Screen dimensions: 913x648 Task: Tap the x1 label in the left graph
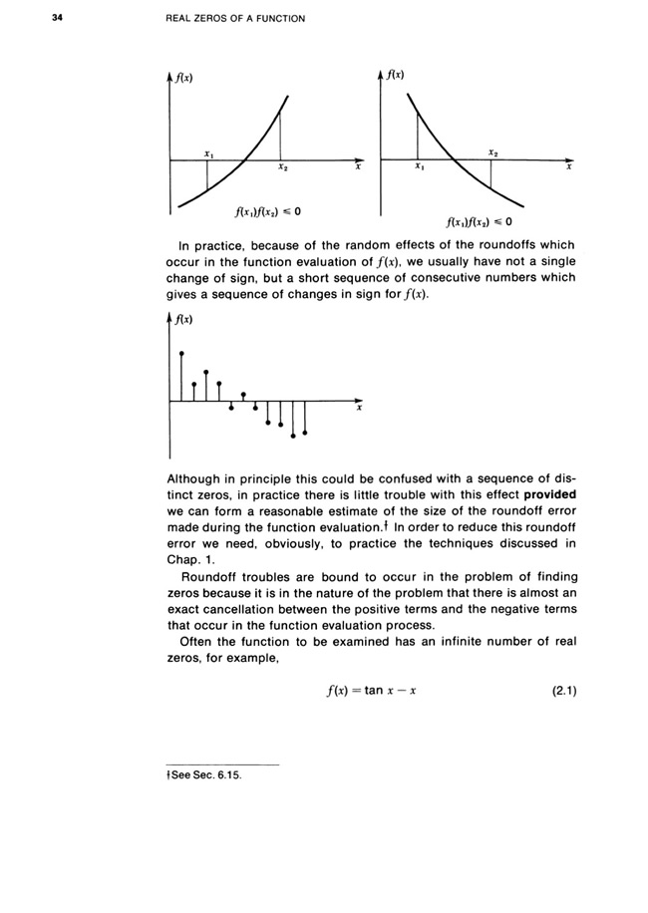[x=207, y=154]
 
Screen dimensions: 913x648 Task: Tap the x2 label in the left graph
[x=282, y=167]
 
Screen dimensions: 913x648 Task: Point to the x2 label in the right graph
[x=492, y=153]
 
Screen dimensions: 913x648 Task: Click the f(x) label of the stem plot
[x=182, y=319]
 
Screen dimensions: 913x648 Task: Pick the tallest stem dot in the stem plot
[x=181, y=354]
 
